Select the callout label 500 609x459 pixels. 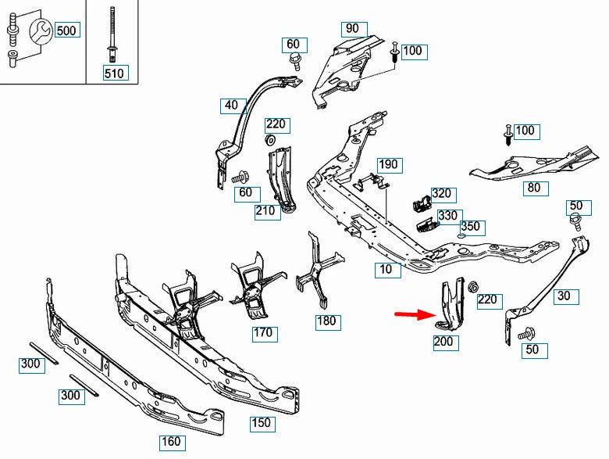[66, 30]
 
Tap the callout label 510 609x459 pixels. [114, 74]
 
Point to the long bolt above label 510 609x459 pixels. [114, 34]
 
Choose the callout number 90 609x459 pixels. [352, 29]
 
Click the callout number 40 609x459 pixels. [231, 105]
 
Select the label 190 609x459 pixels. [388, 164]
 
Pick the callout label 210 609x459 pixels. [265, 210]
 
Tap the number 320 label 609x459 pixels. [441, 194]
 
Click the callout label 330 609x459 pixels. [447, 216]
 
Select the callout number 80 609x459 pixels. [533, 188]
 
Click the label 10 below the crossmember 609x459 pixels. [386, 269]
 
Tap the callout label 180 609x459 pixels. [328, 321]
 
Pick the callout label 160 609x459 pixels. [170, 442]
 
